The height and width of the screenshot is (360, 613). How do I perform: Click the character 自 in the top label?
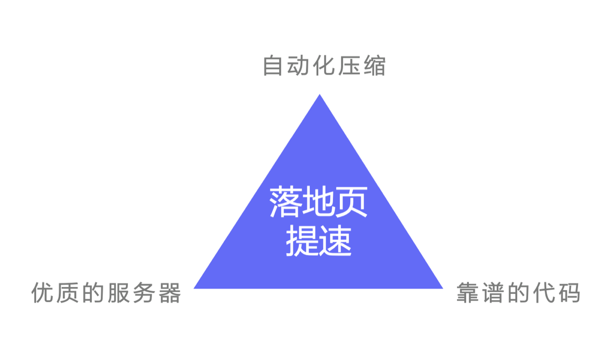[273, 65]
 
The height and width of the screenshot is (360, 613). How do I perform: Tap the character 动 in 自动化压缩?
[298, 65]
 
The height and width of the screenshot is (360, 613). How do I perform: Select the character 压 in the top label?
[349, 65]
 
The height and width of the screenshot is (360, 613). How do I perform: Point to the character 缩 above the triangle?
[375, 65]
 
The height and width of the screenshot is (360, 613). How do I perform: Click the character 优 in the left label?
[42, 292]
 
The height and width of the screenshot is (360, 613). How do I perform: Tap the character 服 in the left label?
[118, 292]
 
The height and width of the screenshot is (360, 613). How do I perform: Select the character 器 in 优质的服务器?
[170, 292]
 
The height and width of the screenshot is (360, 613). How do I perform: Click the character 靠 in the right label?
[467, 292]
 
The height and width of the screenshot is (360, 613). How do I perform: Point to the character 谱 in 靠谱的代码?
[493, 292]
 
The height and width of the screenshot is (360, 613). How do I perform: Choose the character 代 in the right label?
[544, 292]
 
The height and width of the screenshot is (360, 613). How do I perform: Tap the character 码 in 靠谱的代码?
[569, 292]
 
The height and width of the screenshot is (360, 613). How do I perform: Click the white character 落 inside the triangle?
[286, 202]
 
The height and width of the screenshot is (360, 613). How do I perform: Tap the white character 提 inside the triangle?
[302, 241]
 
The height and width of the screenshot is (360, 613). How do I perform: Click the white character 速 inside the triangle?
[335, 241]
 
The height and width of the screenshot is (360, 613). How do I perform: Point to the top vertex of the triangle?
[319, 95]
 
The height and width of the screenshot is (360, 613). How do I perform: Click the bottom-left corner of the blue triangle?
[194, 288]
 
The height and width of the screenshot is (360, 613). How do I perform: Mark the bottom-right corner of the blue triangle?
[443, 288]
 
